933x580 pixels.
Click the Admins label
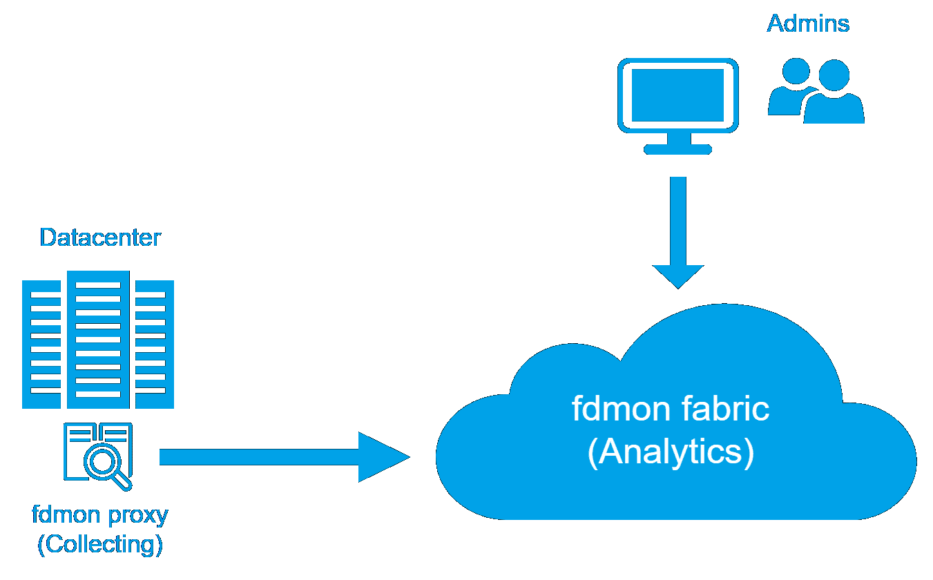[x=808, y=24]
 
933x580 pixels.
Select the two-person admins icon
[x=816, y=90]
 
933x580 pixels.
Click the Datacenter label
[x=101, y=238]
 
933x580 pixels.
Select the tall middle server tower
[x=99, y=338]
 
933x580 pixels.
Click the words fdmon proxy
[x=100, y=515]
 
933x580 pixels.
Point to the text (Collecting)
[x=100, y=545]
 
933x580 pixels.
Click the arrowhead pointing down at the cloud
[x=678, y=276]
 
